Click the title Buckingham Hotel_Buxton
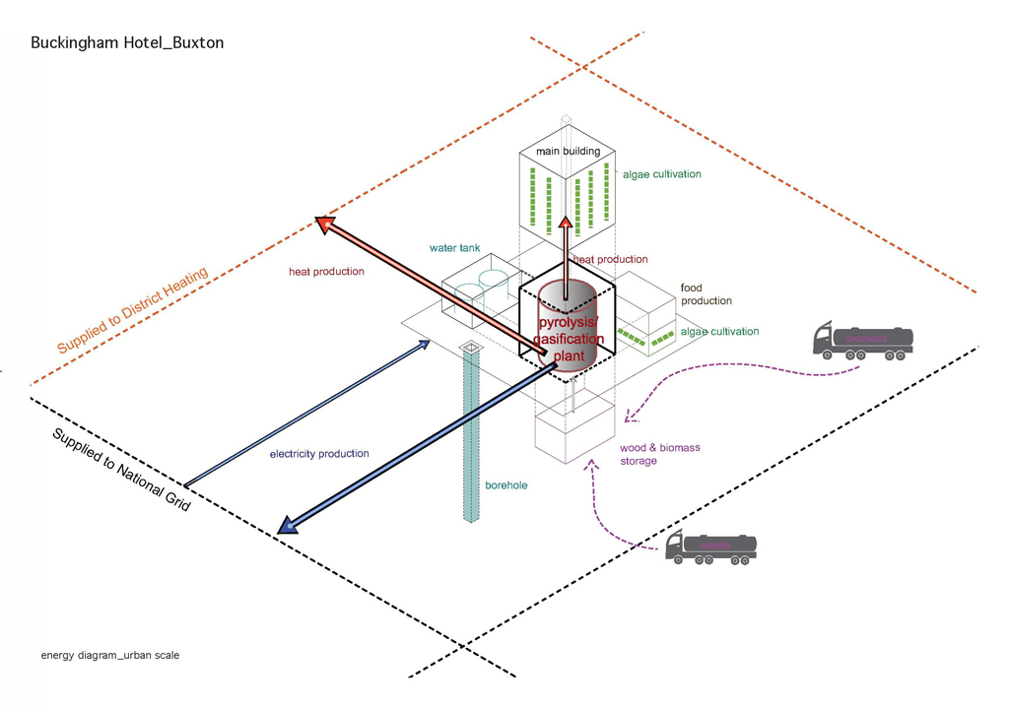pos(127,43)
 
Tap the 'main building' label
pos(568,152)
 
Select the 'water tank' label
pos(454,248)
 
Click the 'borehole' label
pos(505,485)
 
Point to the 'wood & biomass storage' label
pos(659,454)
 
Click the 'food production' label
pos(706,294)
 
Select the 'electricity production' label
pos(319,454)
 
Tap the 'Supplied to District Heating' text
pos(132,311)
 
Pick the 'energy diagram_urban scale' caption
pos(110,655)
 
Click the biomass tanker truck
pos(862,340)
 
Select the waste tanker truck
pos(711,547)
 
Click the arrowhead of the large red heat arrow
pos(324,224)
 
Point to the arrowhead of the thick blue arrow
pos(288,526)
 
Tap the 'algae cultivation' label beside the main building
pos(661,174)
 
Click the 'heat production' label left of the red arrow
pos(326,272)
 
